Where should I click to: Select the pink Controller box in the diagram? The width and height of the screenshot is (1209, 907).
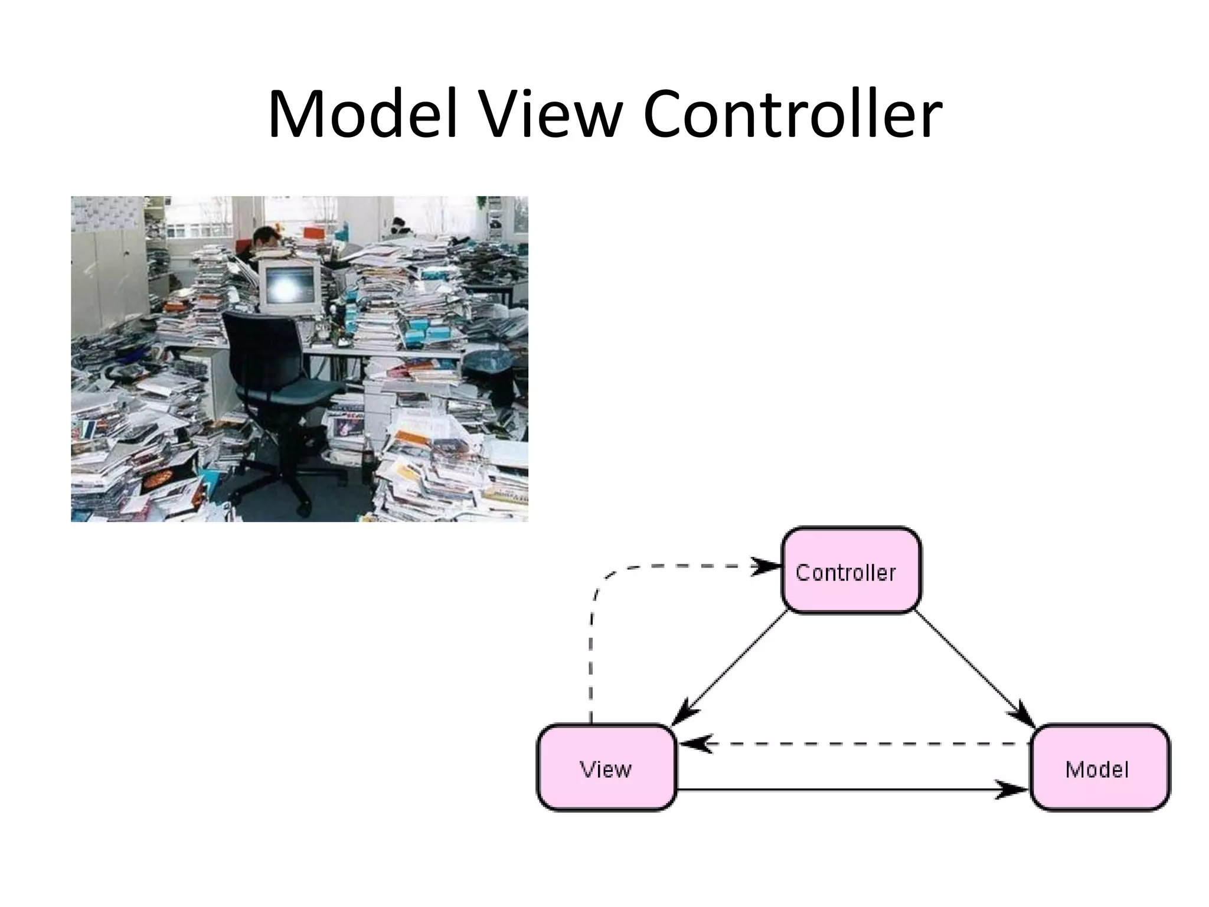[851, 570]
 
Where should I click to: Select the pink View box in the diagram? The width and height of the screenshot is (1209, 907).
[606, 768]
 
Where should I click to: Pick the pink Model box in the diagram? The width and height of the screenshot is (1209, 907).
[1099, 768]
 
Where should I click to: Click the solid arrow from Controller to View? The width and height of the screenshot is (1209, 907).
[732, 667]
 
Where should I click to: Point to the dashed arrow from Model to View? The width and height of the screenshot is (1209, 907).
[856, 744]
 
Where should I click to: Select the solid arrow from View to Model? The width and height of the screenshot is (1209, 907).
[850, 789]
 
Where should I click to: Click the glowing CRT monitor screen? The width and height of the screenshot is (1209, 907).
[289, 286]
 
